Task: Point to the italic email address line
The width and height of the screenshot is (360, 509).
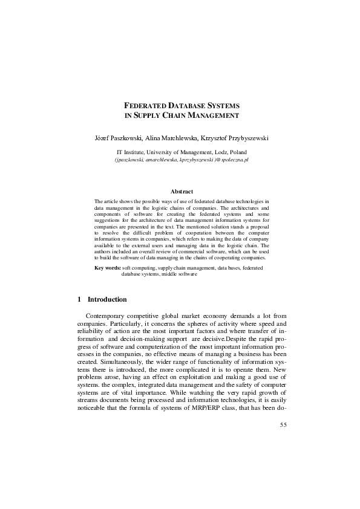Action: pyautogui.click(x=182, y=160)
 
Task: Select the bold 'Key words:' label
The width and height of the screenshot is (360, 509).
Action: pyautogui.click(x=108, y=267)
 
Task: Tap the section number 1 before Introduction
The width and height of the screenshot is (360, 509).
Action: pyautogui.click(x=80, y=299)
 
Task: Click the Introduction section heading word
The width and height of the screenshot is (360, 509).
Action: pyautogui.click(x=107, y=299)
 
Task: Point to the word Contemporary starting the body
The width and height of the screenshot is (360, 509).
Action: pyautogui.click(x=107, y=316)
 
